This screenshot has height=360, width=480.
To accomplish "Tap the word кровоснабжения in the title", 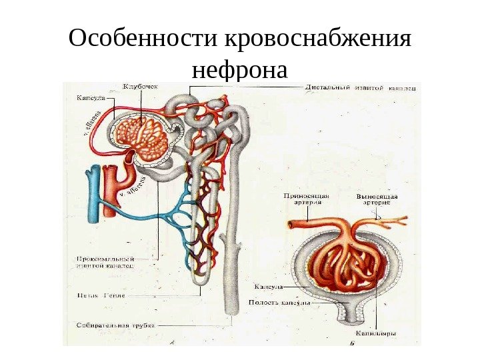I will pos(318,41).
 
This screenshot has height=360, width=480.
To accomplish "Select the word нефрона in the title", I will pos(239,69).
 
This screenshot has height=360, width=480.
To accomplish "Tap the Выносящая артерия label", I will pos(377,199).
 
